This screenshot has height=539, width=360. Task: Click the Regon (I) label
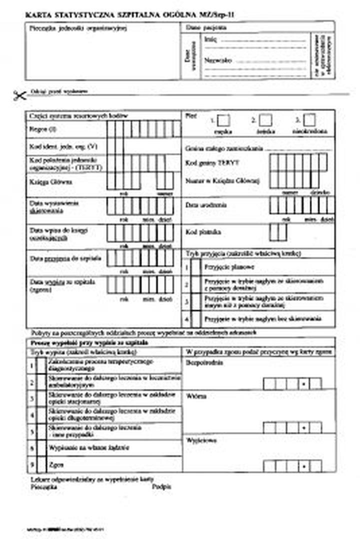pyautogui.click(x=42, y=129)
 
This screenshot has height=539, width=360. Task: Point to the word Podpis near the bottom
pyautogui.click(x=161, y=485)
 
